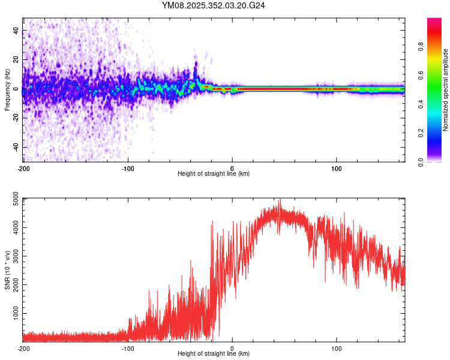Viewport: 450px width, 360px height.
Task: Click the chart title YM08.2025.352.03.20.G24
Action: click(x=214, y=5)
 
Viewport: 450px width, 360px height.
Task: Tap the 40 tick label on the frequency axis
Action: click(x=17, y=30)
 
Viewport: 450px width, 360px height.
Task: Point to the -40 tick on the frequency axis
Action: click(x=17, y=147)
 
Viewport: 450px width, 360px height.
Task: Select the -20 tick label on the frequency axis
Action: click(x=17, y=118)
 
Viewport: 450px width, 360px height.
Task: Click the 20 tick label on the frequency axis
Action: click(x=17, y=59)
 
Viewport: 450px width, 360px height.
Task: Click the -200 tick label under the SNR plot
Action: click(x=23, y=349)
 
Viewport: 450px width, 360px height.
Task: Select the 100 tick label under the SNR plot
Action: click(x=337, y=349)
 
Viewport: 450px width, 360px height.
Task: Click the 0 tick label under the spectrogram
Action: click(x=232, y=168)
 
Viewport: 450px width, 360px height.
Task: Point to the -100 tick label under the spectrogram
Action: click(x=128, y=168)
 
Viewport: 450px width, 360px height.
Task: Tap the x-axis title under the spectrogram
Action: click(x=214, y=174)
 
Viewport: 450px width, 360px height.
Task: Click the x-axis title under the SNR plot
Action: click(x=214, y=355)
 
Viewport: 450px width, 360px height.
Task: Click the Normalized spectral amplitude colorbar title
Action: click(x=445, y=90)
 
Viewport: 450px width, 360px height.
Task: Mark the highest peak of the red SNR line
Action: click(x=279, y=200)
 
